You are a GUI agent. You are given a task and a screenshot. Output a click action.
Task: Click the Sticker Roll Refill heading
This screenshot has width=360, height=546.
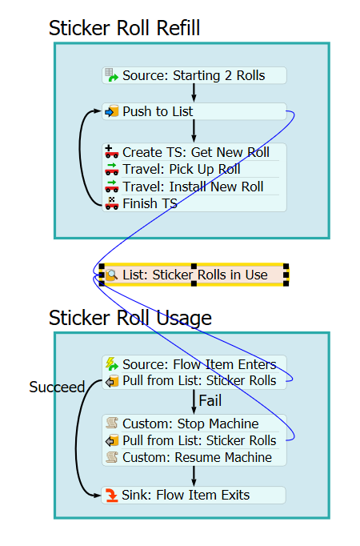(124, 28)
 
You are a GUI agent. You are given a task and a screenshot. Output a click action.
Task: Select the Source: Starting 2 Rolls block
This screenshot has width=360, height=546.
(194, 75)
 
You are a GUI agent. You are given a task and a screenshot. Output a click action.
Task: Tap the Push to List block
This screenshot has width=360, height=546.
(194, 111)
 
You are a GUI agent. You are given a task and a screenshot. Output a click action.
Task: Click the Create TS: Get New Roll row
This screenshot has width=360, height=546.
(194, 152)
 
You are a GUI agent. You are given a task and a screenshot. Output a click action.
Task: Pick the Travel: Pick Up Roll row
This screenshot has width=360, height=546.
(194, 169)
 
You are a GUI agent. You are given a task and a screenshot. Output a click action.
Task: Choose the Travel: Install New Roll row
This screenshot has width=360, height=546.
(194, 187)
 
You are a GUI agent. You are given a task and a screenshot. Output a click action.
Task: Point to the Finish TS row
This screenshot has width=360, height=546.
(194, 203)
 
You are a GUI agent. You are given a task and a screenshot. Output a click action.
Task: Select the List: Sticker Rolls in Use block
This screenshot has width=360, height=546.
(194, 275)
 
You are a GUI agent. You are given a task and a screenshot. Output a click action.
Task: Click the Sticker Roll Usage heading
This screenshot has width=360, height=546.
(130, 319)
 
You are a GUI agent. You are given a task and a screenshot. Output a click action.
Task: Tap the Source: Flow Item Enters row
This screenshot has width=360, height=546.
(194, 364)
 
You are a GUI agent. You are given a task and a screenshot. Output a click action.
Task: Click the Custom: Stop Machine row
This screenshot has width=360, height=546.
(194, 424)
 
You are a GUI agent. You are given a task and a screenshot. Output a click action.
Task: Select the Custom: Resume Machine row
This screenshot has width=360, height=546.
(194, 457)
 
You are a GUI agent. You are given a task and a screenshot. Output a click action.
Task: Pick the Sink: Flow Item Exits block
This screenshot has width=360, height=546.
(194, 495)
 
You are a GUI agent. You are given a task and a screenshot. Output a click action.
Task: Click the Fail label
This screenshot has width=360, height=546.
(210, 400)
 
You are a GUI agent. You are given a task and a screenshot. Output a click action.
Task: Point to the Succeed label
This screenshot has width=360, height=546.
(57, 387)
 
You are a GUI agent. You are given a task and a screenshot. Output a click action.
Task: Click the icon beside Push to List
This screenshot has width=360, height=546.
(112, 111)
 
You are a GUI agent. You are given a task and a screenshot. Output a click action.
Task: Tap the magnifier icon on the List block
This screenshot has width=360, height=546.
(112, 275)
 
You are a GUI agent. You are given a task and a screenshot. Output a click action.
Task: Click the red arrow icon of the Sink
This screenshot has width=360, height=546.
(112, 495)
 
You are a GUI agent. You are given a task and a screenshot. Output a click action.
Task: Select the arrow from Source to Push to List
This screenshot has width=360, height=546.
(194, 94)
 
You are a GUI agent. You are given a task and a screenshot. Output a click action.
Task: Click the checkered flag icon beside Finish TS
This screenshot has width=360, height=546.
(112, 203)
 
